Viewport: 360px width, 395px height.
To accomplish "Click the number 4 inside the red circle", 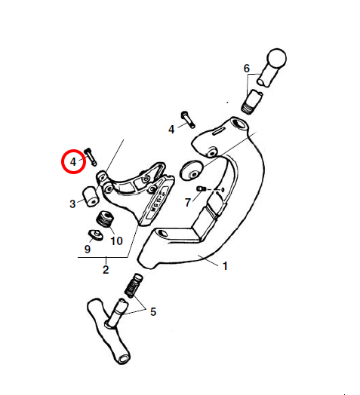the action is pos(73,162).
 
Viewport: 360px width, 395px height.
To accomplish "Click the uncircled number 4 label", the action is pos(171,130).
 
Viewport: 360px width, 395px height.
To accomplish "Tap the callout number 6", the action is pos(247,69).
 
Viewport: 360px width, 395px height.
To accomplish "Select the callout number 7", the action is pos(188,203).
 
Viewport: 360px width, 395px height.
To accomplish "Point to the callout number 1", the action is pos(226,266).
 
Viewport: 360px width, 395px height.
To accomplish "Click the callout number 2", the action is pos(106,270).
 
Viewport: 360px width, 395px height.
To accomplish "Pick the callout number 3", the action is pos(72,204).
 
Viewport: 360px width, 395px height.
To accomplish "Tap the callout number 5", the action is pos(153,312).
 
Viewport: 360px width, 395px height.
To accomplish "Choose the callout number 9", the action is pos(88,250).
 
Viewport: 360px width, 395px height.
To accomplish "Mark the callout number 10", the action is pos(116,241).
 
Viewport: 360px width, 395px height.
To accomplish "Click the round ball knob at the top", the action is pos(277,58).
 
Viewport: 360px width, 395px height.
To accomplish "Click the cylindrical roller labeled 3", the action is pos(91,196).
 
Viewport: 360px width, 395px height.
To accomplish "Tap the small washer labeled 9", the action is pos(96,234).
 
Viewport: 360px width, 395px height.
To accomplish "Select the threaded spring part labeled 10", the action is pos(105,219).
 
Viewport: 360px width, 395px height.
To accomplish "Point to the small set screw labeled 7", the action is pos(201,188).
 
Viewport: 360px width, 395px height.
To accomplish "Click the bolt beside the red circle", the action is pos(91,157).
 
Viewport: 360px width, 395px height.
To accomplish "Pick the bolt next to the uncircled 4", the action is pos(188,119).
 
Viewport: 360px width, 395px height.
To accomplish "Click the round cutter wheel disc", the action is pos(192,170).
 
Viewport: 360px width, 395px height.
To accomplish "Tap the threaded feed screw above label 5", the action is pos(134,286).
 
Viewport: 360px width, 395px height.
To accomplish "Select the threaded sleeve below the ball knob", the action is pos(252,102).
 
